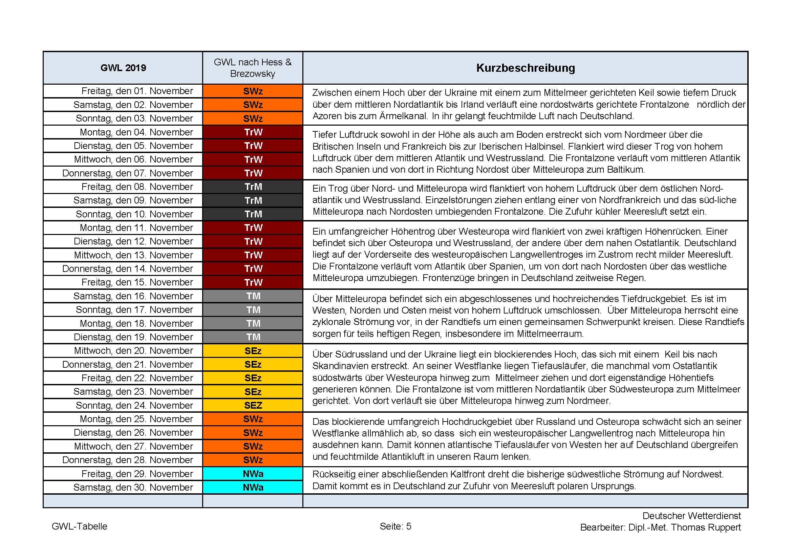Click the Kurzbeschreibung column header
tap(526, 68)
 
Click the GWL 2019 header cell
tap(123, 68)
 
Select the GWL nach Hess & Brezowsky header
tap(253, 68)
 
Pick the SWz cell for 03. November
tap(253, 119)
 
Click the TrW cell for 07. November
tap(253, 173)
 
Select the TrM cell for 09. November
tap(253, 200)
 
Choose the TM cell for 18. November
tap(253, 323)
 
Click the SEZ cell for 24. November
tap(253, 406)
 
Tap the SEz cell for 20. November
tap(253, 351)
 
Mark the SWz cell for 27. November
tap(253, 447)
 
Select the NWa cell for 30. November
tap(253, 488)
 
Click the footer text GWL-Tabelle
tap(79, 526)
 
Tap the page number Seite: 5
tap(395, 526)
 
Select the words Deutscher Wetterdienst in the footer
tap(691, 516)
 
